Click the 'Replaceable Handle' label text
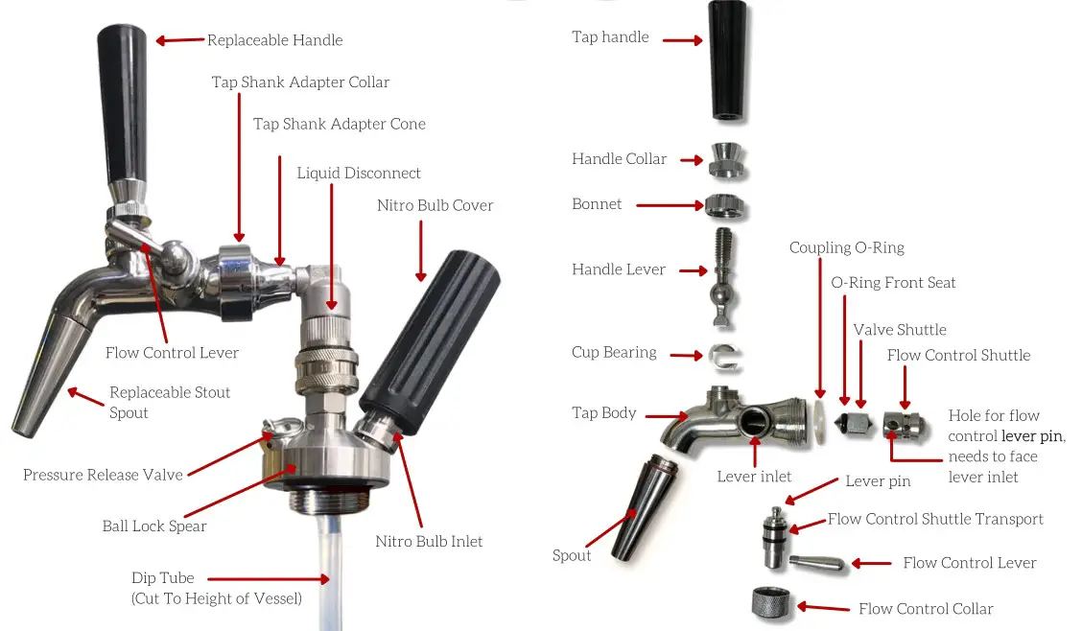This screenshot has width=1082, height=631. tap(274, 40)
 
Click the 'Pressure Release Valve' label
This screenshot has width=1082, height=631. tap(103, 475)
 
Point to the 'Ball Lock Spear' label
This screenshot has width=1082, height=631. tap(154, 526)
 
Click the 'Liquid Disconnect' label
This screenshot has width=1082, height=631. tap(359, 173)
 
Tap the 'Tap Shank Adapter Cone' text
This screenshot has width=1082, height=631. tap(339, 124)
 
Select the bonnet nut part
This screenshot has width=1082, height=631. tap(726, 205)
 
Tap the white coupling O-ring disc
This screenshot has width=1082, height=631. tap(820, 421)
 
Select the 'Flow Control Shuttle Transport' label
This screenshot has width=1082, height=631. tap(935, 519)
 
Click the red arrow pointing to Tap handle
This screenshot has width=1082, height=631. tap(683, 41)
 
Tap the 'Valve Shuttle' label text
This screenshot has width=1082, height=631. tap(900, 330)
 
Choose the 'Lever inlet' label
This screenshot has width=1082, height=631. tap(754, 477)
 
